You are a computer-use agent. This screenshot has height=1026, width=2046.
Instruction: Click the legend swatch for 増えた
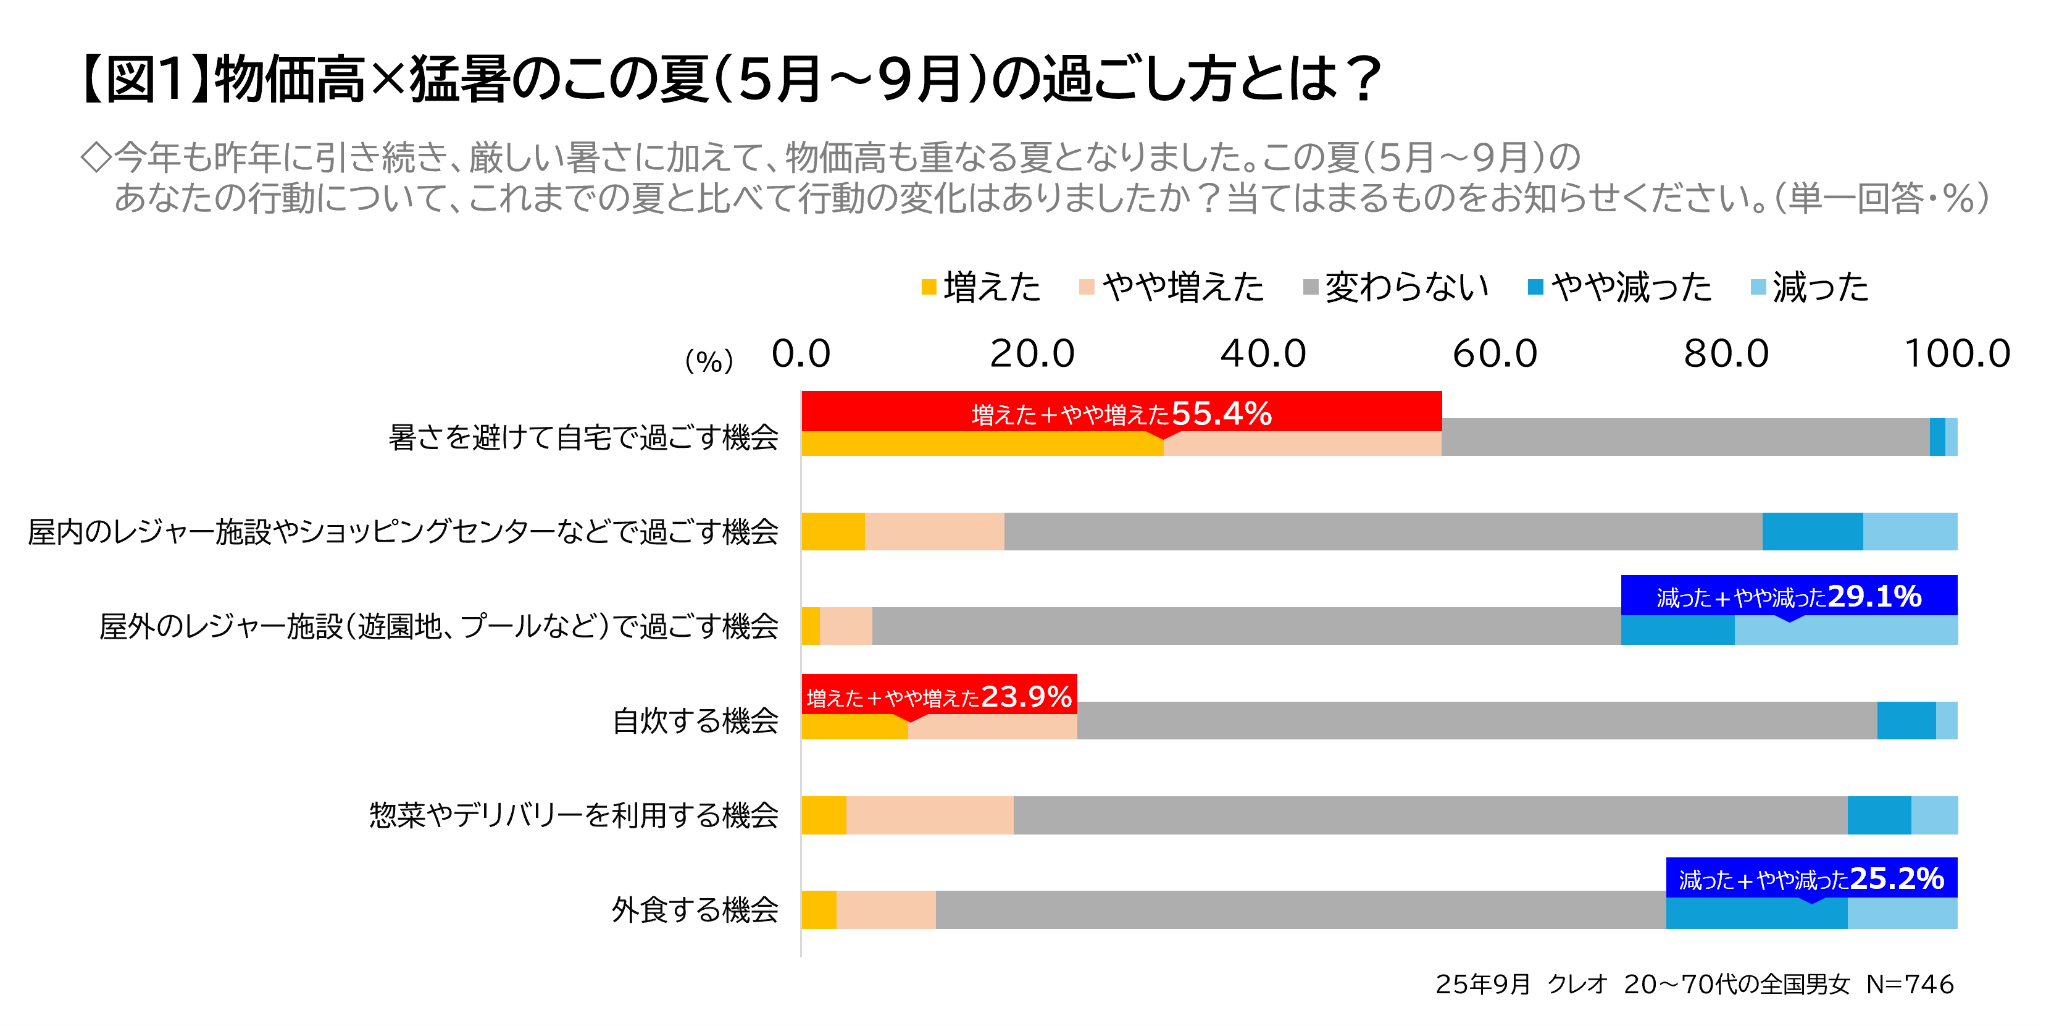click(929, 287)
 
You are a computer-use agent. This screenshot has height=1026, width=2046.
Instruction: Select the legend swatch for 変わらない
click(1311, 287)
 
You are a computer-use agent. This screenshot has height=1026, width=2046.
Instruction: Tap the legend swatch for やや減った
click(1535, 287)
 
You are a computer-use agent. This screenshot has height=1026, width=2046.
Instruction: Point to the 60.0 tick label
click(1495, 354)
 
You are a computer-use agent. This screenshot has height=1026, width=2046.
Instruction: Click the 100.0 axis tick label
click(1957, 354)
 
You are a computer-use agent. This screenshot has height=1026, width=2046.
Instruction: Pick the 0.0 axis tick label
click(801, 354)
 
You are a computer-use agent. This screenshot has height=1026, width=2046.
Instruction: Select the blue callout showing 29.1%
click(1789, 595)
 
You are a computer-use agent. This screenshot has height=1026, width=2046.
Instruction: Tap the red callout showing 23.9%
click(939, 696)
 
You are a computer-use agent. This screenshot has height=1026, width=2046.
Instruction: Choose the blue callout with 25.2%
click(1811, 878)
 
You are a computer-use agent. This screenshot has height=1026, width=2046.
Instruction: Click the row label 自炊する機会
click(695, 721)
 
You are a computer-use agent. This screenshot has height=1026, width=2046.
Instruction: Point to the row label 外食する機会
click(695, 910)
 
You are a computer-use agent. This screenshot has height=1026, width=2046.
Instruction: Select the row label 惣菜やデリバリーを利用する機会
click(574, 815)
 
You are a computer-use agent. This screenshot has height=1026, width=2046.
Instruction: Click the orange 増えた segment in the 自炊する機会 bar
click(854, 727)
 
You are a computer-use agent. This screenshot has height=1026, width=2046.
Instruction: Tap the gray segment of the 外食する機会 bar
click(1300, 910)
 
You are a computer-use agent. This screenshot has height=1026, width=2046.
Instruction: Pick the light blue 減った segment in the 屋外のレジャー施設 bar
click(1846, 630)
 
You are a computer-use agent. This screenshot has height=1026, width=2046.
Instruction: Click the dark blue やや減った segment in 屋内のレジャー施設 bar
click(1813, 532)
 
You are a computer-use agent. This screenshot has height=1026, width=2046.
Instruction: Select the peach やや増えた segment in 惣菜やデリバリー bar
click(929, 815)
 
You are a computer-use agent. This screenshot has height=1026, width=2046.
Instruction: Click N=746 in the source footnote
click(1910, 984)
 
